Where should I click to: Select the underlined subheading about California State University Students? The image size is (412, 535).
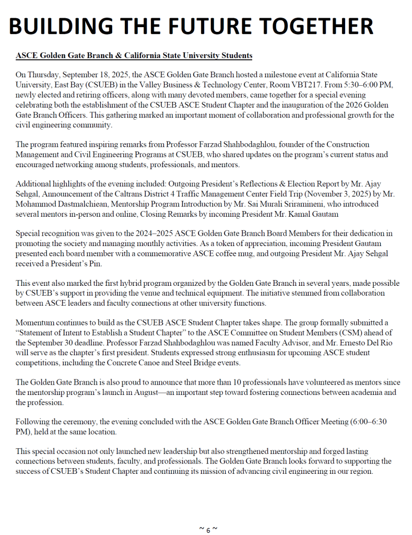point(134,55)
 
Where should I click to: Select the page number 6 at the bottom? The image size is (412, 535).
point(207,530)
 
